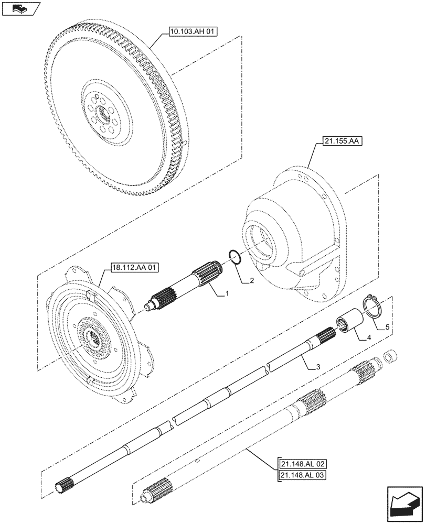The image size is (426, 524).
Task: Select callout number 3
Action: point(317,367)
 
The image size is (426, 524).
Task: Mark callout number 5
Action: point(387,327)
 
